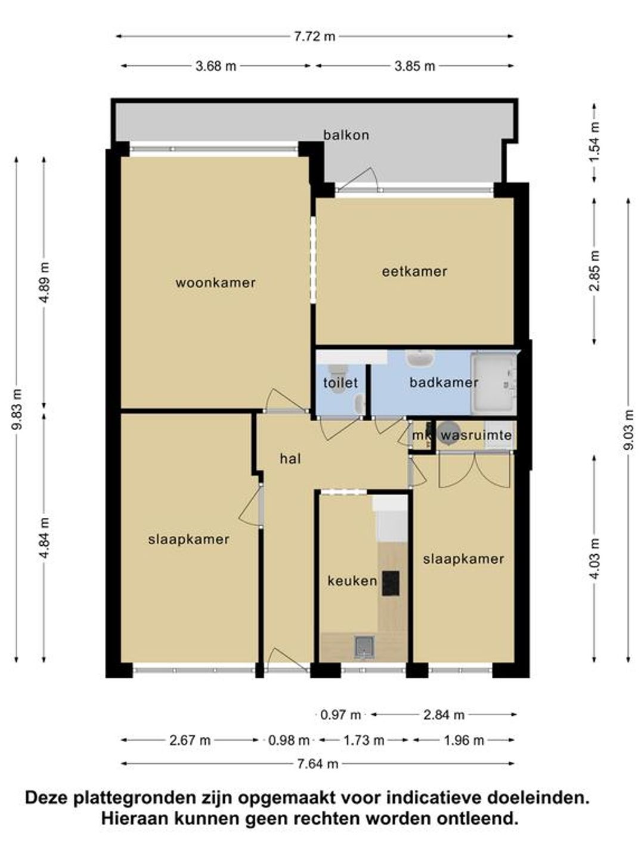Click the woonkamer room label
[215, 283]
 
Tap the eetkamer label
[414, 271]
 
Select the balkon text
[346, 135]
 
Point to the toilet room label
[340, 382]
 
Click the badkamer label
[444, 382]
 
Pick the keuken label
[352, 581]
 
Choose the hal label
[290, 459]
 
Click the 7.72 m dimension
[314, 36]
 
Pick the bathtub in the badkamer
[494, 383]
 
